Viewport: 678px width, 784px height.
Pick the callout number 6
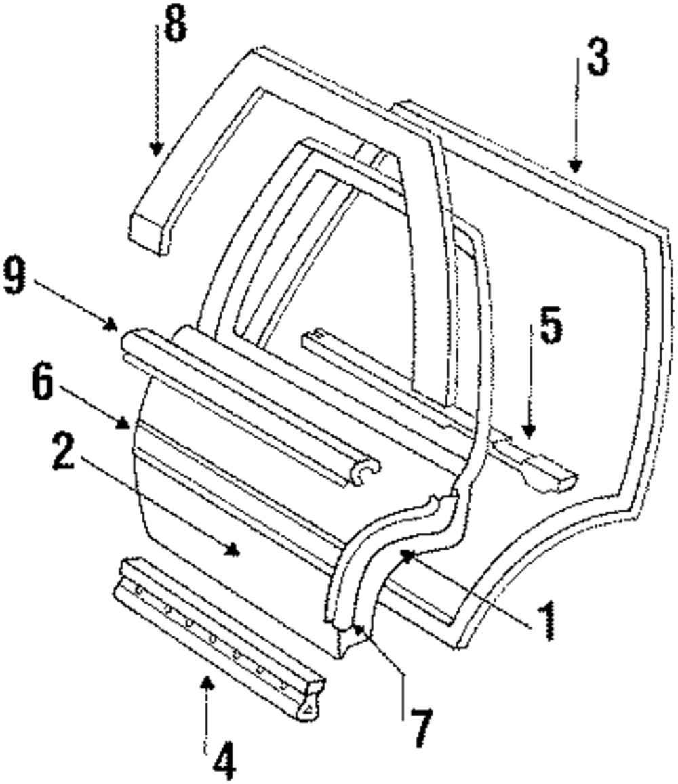43,384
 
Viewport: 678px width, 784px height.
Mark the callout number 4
224,761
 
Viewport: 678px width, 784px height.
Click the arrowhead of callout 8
157,149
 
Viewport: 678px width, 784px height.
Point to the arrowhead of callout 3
575,167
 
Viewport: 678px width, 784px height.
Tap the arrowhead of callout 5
528,432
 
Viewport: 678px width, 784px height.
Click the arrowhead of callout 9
112,327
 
